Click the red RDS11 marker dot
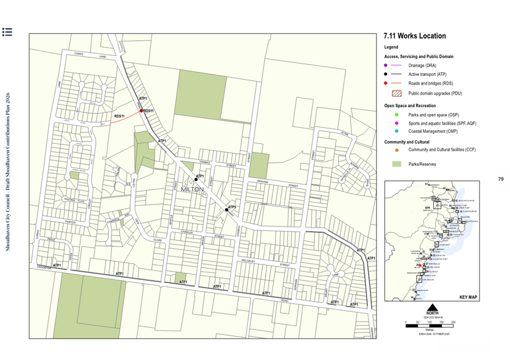tap(141, 111)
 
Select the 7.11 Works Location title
tap(415, 36)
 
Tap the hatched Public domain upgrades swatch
tap(396, 93)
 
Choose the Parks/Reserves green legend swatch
tap(396, 164)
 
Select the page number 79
tap(500, 179)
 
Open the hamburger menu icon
tap(7, 32)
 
